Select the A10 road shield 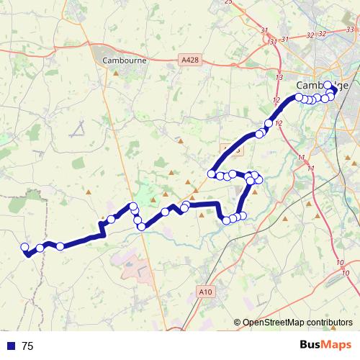[x=205, y=291]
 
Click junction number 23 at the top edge [x=228, y=2]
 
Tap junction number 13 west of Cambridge [x=279, y=76]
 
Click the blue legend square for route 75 [x=11, y=346]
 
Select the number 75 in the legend [x=28, y=346]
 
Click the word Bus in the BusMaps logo [x=312, y=345]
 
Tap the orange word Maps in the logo [x=338, y=345]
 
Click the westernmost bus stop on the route [x=24, y=247]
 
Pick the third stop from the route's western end [x=60, y=246]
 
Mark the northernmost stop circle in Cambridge [x=328, y=85]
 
